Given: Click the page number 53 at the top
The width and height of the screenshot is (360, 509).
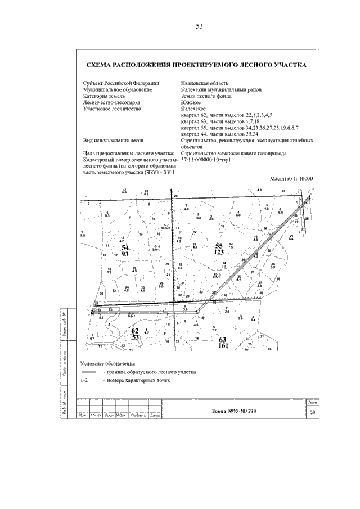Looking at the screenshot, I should (x=199, y=26).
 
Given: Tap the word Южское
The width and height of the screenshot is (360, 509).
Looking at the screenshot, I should (x=190, y=102).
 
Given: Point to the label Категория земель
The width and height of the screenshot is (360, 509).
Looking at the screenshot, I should (x=103, y=96).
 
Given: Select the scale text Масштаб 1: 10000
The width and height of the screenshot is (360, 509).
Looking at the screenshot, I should (x=291, y=178).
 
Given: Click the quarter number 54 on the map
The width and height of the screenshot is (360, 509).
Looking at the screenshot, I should (x=125, y=247).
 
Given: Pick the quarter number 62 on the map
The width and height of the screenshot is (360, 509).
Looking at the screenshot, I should (x=135, y=331).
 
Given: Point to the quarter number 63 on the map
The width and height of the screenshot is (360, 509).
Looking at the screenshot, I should (x=222, y=340).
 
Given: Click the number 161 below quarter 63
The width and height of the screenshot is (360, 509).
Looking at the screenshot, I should (x=222, y=346).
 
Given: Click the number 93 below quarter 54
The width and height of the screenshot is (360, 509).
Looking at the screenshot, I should (x=125, y=254).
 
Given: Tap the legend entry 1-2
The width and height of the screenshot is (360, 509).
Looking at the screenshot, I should (x=84, y=381).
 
